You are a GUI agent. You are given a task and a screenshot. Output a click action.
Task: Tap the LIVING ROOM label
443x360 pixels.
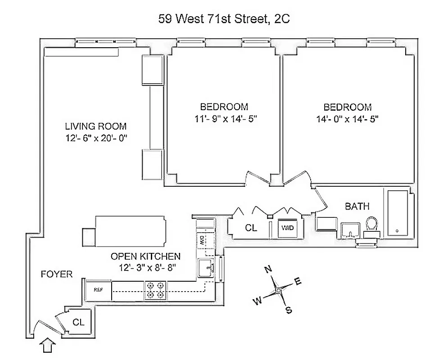(x=95, y=126)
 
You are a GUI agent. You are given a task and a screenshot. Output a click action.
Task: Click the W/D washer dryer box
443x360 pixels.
(x=287, y=228)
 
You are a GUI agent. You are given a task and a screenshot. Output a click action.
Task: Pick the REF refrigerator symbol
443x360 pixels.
(x=97, y=289)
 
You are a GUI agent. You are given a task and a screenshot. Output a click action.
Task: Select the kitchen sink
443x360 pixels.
(x=205, y=268)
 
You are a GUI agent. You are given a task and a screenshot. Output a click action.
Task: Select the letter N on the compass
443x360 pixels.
(x=268, y=270)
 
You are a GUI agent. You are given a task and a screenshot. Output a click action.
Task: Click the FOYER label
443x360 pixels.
(x=56, y=274)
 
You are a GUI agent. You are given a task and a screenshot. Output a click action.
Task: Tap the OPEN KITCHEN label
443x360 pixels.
(x=145, y=256)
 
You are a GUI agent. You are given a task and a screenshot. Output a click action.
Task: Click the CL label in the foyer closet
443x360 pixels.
(x=78, y=322)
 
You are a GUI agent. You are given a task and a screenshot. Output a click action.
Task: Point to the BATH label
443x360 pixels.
(x=357, y=207)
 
